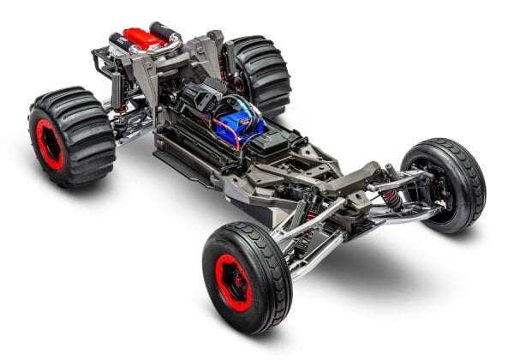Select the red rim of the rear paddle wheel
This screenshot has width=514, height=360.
[50, 143]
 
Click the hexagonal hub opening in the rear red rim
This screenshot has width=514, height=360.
[48, 144]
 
